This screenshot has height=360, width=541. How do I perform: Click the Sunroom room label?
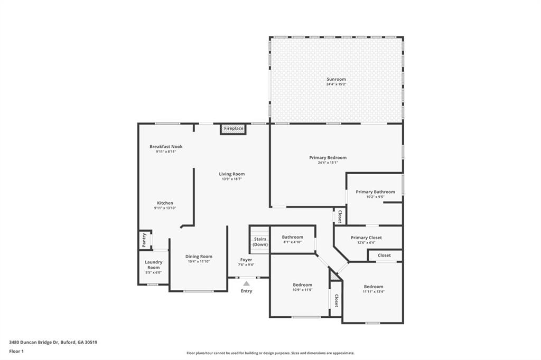pyautogui.click(x=336, y=79)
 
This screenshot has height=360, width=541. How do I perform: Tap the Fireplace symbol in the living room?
pyautogui.click(x=233, y=129)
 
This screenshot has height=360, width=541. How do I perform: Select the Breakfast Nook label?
pyautogui.click(x=165, y=147)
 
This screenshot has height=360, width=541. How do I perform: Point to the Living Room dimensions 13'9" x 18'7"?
pyautogui.click(x=232, y=179)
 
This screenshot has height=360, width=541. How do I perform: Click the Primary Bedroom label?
pyautogui.click(x=328, y=157)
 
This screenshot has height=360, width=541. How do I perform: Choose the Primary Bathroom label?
pyautogui.click(x=375, y=192)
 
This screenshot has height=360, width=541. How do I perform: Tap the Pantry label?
pyautogui.click(x=144, y=240)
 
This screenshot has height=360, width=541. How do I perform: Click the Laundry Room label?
pyautogui.click(x=153, y=264)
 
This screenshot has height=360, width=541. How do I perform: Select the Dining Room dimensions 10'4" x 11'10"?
pyautogui.click(x=199, y=262)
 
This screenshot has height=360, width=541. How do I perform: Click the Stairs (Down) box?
pyautogui.click(x=259, y=242)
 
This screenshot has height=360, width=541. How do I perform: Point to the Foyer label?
pyautogui.click(x=246, y=260)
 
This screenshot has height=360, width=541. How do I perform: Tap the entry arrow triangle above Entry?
pyautogui.click(x=246, y=283)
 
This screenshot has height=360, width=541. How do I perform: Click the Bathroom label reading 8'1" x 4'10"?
pyautogui.click(x=292, y=238)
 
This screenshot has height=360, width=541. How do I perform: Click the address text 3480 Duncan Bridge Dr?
pyautogui.click(x=53, y=342)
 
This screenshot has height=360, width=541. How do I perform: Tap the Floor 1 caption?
pyautogui.click(x=16, y=351)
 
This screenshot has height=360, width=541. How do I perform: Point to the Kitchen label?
pyautogui.click(x=165, y=203)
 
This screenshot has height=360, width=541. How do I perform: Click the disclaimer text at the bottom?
pyautogui.click(x=270, y=353)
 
